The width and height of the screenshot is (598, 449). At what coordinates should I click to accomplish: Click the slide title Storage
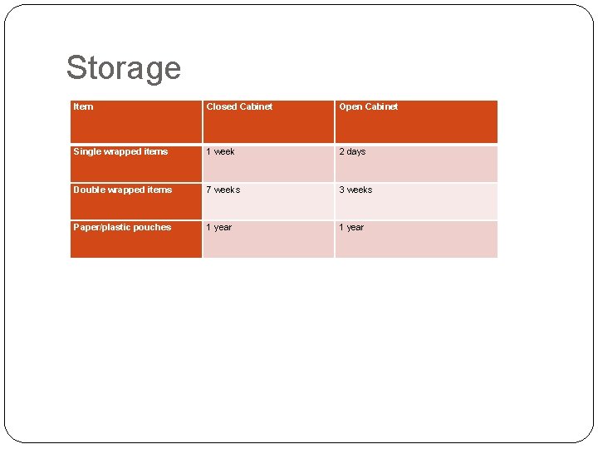[123, 68]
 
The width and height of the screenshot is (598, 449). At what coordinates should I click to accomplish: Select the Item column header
[83, 106]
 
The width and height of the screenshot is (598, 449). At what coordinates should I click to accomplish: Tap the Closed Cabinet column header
[239, 106]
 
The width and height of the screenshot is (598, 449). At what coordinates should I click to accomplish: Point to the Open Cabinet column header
[368, 106]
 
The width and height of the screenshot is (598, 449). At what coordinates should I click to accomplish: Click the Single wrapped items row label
[120, 151]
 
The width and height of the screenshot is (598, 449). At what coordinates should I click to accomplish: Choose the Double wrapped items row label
[123, 190]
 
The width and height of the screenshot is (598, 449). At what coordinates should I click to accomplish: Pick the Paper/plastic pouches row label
[122, 227]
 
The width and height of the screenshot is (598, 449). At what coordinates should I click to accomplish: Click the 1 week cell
[220, 151]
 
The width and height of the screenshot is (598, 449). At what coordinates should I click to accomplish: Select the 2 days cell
[352, 151]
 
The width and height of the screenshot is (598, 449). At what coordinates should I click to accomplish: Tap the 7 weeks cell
[223, 190]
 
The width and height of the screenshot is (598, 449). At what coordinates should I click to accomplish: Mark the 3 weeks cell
[355, 190]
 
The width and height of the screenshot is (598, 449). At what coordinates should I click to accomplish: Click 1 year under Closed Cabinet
[219, 227]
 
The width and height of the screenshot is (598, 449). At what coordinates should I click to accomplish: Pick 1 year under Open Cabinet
[351, 227]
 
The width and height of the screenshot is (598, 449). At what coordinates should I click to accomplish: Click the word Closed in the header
[221, 106]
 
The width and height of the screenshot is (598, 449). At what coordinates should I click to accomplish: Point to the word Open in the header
[350, 106]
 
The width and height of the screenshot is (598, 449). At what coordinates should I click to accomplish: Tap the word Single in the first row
[86, 151]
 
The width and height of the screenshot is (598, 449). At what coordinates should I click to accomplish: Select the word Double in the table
[90, 190]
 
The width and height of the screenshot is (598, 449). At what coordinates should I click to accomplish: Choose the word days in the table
[355, 151]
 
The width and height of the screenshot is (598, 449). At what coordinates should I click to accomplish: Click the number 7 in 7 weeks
[209, 190]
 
